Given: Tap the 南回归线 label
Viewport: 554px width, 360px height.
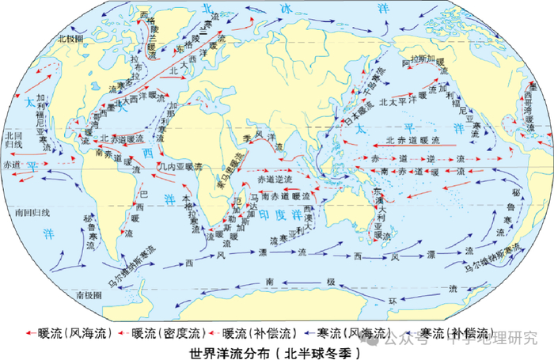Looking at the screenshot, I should (32, 213).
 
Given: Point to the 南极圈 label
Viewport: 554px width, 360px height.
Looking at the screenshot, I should (89, 294).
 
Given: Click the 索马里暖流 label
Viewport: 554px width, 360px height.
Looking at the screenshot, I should (225, 169).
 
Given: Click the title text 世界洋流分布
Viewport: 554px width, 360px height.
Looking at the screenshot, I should (225, 351).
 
